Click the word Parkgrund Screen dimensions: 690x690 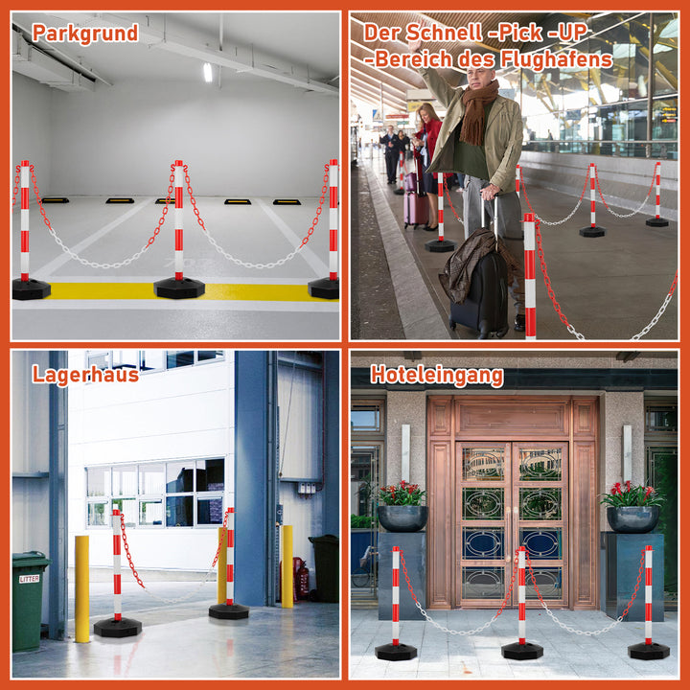pos(85,34)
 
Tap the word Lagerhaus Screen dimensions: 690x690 pos(85,375)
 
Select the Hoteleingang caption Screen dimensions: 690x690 pos(437,376)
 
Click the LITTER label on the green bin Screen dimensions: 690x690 pos(29,579)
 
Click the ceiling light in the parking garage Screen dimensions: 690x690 pos(208,72)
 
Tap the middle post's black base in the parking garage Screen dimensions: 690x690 pos(179,287)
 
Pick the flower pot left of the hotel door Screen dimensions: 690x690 pos(402,517)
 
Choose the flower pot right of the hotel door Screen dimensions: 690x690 pos(632,519)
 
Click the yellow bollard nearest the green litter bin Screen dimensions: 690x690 pos(81,588)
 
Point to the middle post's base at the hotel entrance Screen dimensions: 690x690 pos(522,651)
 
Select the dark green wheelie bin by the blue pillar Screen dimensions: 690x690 pos(325,567)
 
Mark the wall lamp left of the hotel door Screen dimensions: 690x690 pos(405,452)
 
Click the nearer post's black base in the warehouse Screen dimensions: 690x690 pos(118,628)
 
